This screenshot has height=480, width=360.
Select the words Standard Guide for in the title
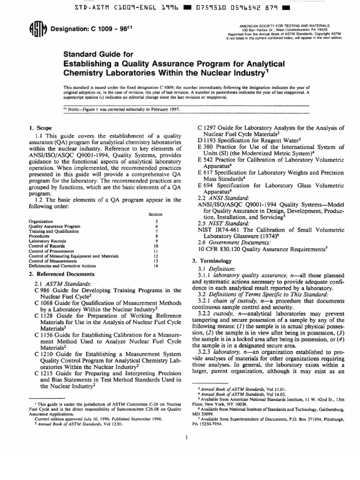point(96,54)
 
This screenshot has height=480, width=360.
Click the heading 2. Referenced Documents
point(61,274)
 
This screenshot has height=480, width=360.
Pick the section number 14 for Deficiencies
point(157,266)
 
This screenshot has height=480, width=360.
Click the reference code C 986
point(45,291)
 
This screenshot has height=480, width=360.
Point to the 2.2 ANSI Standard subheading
point(222,198)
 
